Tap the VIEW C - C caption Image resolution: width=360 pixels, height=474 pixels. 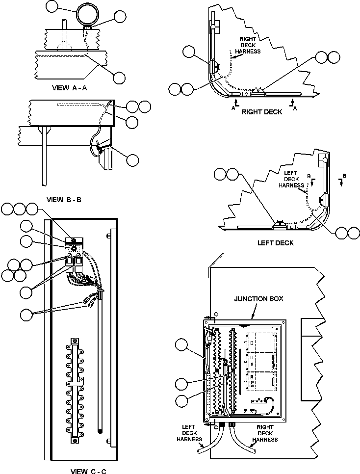click(88, 471)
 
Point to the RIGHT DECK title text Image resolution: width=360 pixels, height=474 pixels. click(262, 112)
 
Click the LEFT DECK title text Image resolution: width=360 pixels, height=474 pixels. click(275, 243)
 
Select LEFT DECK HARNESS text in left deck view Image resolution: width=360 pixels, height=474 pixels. click(291, 179)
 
